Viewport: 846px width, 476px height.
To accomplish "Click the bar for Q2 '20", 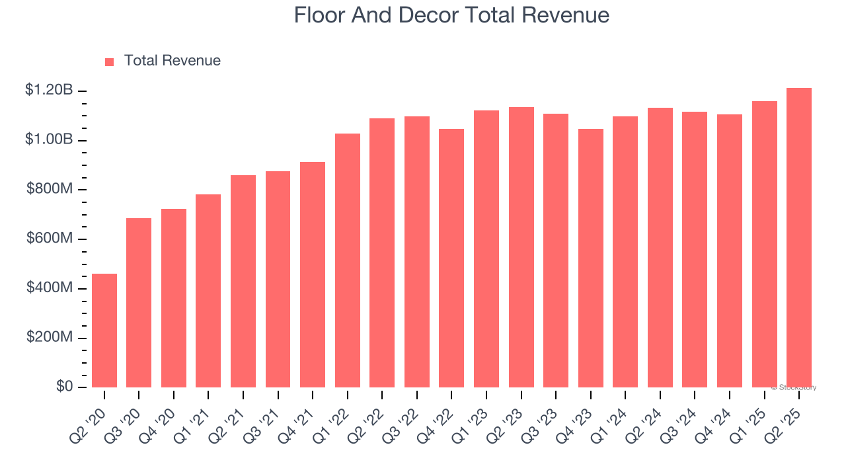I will pyautogui.click(x=104, y=331).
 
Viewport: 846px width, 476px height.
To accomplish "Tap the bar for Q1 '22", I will pyautogui.click(x=348, y=260).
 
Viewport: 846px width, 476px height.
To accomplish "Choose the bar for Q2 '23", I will pyautogui.click(x=521, y=247).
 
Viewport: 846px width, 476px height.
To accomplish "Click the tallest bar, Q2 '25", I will pyautogui.click(x=799, y=238).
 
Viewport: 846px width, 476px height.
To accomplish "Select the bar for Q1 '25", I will pyautogui.click(x=764, y=245).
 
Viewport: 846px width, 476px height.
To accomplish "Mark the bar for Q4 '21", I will pyautogui.click(x=313, y=274).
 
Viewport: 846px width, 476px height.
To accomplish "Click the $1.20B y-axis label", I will pyautogui.click(x=49, y=90).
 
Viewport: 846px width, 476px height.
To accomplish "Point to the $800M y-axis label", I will pyautogui.click(x=50, y=189).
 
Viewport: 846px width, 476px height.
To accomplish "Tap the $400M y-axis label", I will pyautogui.click(x=50, y=288).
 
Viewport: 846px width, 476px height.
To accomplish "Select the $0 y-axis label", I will pyautogui.click(x=64, y=387).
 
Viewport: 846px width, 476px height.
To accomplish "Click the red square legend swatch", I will pyautogui.click(x=110, y=62).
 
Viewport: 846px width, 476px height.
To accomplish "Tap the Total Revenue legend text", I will pyautogui.click(x=172, y=61).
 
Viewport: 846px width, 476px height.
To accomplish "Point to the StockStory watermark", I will pyautogui.click(x=794, y=387).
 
